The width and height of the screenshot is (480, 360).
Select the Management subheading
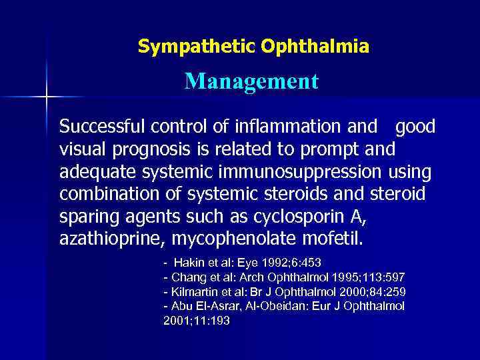[251, 82]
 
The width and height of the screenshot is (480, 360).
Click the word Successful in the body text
[103, 127]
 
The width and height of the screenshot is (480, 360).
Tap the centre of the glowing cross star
[47, 97]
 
